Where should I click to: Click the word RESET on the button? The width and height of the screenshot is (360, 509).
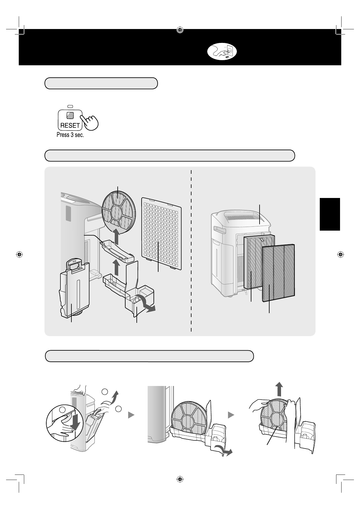click(70, 125)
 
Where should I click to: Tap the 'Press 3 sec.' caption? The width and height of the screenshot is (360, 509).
click(70, 135)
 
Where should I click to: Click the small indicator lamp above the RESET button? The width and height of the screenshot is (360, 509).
click(70, 107)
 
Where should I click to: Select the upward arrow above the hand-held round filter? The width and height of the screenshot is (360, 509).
click(279, 389)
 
